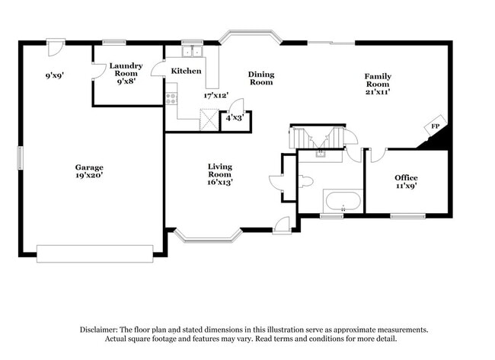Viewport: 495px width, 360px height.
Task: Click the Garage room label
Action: (x=88, y=167)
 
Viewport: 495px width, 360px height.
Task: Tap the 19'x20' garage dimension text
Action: (x=88, y=175)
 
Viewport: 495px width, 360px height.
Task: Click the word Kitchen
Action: (x=186, y=71)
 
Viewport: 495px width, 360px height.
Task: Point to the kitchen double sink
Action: (x=191, y=52)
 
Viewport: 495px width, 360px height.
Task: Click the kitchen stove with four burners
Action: (x=171, y=98)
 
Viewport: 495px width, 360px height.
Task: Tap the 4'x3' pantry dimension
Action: (x=233, y=118)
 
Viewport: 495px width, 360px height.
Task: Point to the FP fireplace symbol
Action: (x=436, y=126)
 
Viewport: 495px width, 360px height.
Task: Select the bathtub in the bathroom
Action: (x=342, y=201)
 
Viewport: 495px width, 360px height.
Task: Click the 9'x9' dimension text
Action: (x=53, y=75)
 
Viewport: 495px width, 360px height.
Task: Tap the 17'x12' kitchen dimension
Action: (x=216, y=96)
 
